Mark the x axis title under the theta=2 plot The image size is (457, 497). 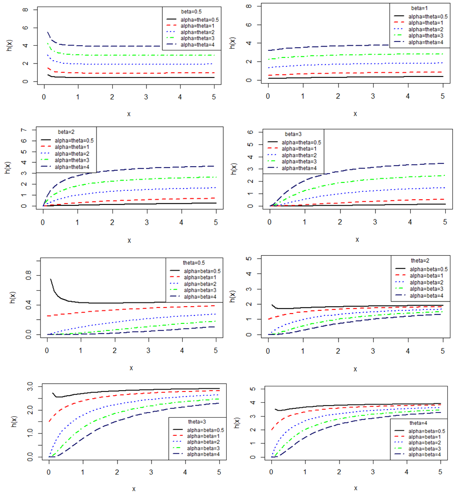coord(356,369)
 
